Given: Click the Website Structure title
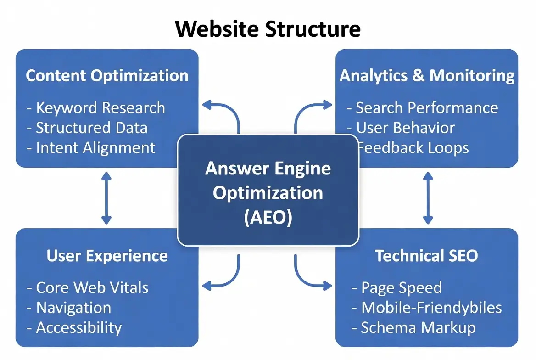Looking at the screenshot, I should point(268,28).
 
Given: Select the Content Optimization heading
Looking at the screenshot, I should point(107,76).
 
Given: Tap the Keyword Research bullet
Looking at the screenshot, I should point(96,108).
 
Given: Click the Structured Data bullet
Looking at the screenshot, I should point(87,128).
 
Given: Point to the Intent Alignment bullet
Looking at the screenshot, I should point(91,148).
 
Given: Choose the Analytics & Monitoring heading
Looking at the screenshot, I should point(427,76).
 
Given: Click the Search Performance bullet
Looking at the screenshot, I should point(422,108).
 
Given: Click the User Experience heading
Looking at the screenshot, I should point(107,256).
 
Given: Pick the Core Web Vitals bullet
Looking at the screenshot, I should point(88,288).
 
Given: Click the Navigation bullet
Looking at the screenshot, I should point(69,308).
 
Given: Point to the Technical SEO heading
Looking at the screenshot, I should point(426,256).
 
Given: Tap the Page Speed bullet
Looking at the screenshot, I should point(397,288).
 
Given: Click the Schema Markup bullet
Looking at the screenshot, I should point(413,328).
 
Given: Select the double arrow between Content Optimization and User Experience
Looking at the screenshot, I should point(106,197).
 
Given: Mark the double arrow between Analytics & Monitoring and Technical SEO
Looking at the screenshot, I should point(428,197).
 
